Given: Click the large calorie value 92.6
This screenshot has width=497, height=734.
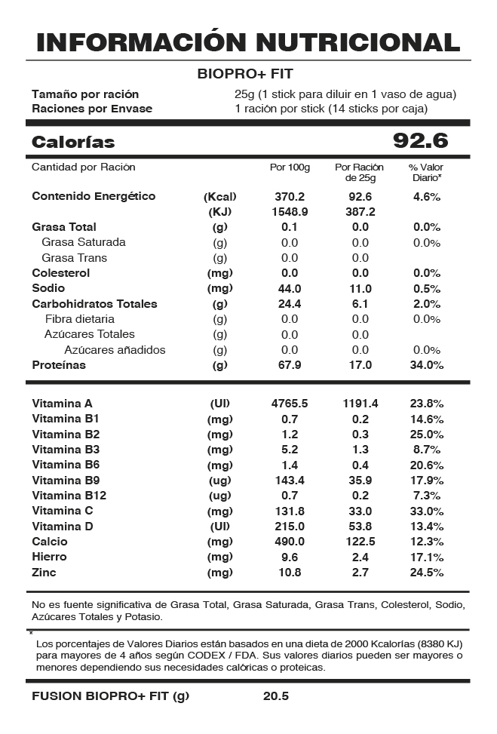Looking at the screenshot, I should (x=421, y=141).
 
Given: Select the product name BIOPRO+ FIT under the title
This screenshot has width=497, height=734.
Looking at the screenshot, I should (x=245, y=74).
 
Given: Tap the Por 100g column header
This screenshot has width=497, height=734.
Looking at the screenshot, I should (x=290, y=167).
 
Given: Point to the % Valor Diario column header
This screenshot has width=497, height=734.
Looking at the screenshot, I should (x=426, y=172).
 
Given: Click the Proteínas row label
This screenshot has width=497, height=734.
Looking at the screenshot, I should (x=59, y=365).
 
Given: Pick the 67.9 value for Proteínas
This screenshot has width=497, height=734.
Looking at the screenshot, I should (x=290, y=365).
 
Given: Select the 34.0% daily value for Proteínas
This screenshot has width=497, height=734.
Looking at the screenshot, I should (x=426, y=365).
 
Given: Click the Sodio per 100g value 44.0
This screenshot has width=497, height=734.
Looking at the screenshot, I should (x=290, y=288).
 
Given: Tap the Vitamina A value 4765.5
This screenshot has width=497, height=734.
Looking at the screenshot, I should (x=290, y=404).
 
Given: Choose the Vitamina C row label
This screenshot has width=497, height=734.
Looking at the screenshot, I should (x=62, y=511).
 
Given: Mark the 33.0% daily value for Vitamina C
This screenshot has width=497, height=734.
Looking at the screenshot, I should (x=426, y=511).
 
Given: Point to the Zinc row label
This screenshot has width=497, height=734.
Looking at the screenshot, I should (x=44, y=573).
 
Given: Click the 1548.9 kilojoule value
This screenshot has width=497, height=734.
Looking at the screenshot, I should (x=290, y=212).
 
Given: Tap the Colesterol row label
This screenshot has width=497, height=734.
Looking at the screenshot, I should (x=60, y=273).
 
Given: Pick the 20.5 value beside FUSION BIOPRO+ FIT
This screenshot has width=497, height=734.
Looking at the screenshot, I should (x=276, y=696).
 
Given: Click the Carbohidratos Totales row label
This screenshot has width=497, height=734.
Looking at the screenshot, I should (x=94, y=304).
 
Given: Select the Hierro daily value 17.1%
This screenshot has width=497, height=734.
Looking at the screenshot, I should (x=426, y=557).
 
